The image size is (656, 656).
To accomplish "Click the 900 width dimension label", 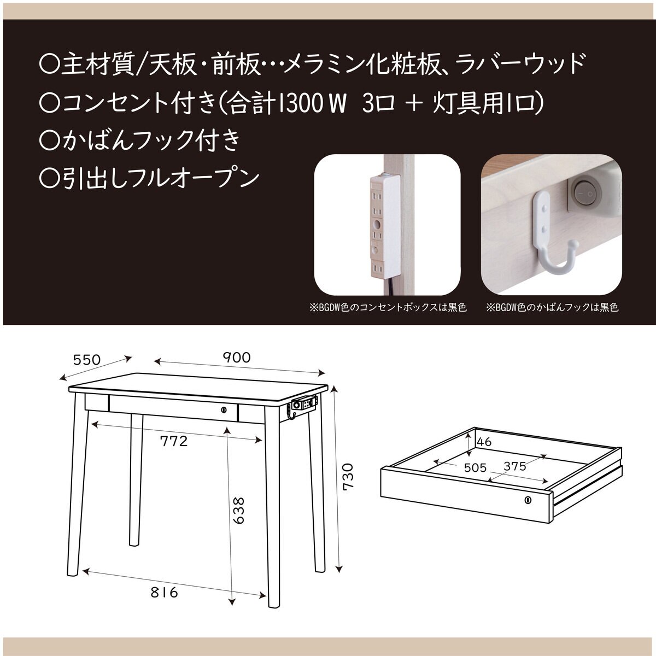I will [x=236, y=358].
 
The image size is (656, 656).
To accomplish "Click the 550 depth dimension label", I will [x=87, y=359].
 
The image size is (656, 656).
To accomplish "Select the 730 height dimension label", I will [x=348, y=476].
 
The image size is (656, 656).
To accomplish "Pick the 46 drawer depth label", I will [x=484, y=441].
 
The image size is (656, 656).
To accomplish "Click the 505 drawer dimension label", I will [x=475, y=467].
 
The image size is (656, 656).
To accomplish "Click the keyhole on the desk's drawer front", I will [x=223, y=409].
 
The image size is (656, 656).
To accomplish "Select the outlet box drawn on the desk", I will [x=303, y=405].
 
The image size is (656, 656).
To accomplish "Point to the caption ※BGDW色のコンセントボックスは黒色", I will [x=388, y=308].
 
